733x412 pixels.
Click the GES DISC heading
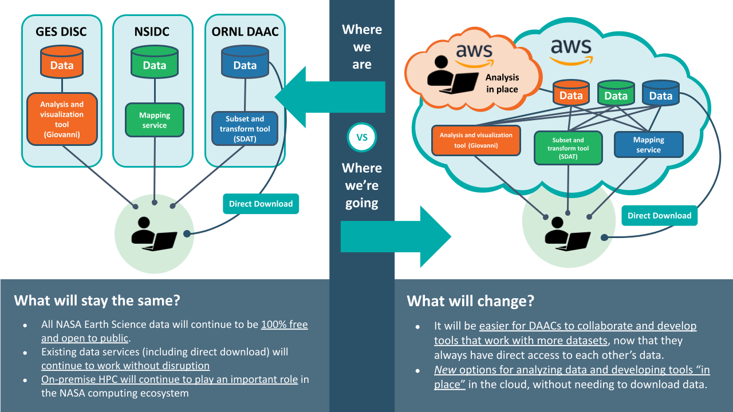(61, 31)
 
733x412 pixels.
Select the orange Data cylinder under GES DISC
(61, 63)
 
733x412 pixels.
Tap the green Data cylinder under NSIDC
(154, 63)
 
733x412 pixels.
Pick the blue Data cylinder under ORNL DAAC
(245, 63)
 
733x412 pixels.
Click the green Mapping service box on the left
(154, 120)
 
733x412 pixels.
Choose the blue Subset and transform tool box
(245, 129)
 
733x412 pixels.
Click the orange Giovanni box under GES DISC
(62, 119)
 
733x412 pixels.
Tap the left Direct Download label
(261, 204)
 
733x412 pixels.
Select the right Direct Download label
(659, 216)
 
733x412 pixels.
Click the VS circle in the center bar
(362, 137)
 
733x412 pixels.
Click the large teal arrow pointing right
(395, 236)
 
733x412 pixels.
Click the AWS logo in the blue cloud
(571, 51)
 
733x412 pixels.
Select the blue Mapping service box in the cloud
(648, 145)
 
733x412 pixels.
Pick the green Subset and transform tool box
(568, 148)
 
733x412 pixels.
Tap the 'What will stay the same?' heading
(98, 300)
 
